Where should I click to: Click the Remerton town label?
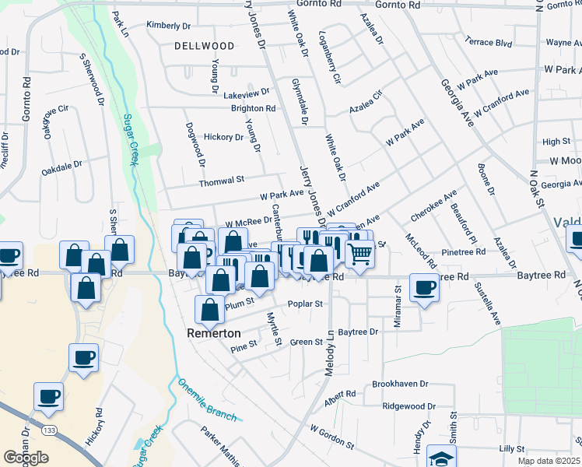pyautogui.click(x=213, y=332)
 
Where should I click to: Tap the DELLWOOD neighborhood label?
pyautogui.click(x=204, y=46)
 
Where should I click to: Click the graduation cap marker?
pyautogui.click(x=441, y=457)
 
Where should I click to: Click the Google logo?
pyautogui.click(x=26, y=458)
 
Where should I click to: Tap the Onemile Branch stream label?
pyautogui.click(x=206, y=399)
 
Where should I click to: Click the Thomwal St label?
pyautogui.click(x=222, y=180)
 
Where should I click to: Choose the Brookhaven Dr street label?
pyautogui.click(x=400, y=384)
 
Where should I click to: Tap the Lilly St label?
pyautogui.click(x=512, y=449)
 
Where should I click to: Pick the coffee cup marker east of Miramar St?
pyautogui.click(x=424, y=288)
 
